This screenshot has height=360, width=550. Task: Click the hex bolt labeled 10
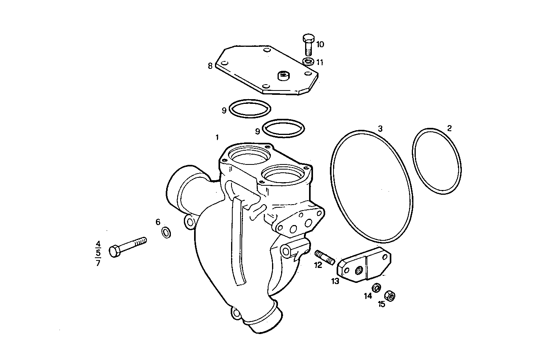(308, 44)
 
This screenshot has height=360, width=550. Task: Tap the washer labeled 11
(308, 61)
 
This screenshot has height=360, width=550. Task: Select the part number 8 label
(210, 66)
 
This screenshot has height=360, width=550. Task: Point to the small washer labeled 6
(167, 233)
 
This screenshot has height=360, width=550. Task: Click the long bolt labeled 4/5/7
(127, 247)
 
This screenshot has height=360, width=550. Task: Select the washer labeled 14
(376, 288)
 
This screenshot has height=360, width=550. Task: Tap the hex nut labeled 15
(390, 295)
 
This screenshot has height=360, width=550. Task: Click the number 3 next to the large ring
(380, 128)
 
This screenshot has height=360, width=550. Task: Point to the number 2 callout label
(449, 128)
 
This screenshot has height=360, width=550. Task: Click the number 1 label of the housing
(217, 137)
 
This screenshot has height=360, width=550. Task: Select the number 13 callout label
(335, 281)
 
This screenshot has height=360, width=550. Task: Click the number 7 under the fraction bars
(98, 263)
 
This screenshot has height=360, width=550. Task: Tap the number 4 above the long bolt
(98, 243)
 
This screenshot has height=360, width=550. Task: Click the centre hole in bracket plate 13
(359, 270)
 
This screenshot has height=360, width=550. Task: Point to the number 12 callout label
(318, 265)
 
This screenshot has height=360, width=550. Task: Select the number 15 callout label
(381, 304)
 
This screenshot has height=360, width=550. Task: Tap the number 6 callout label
(158, 222)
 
